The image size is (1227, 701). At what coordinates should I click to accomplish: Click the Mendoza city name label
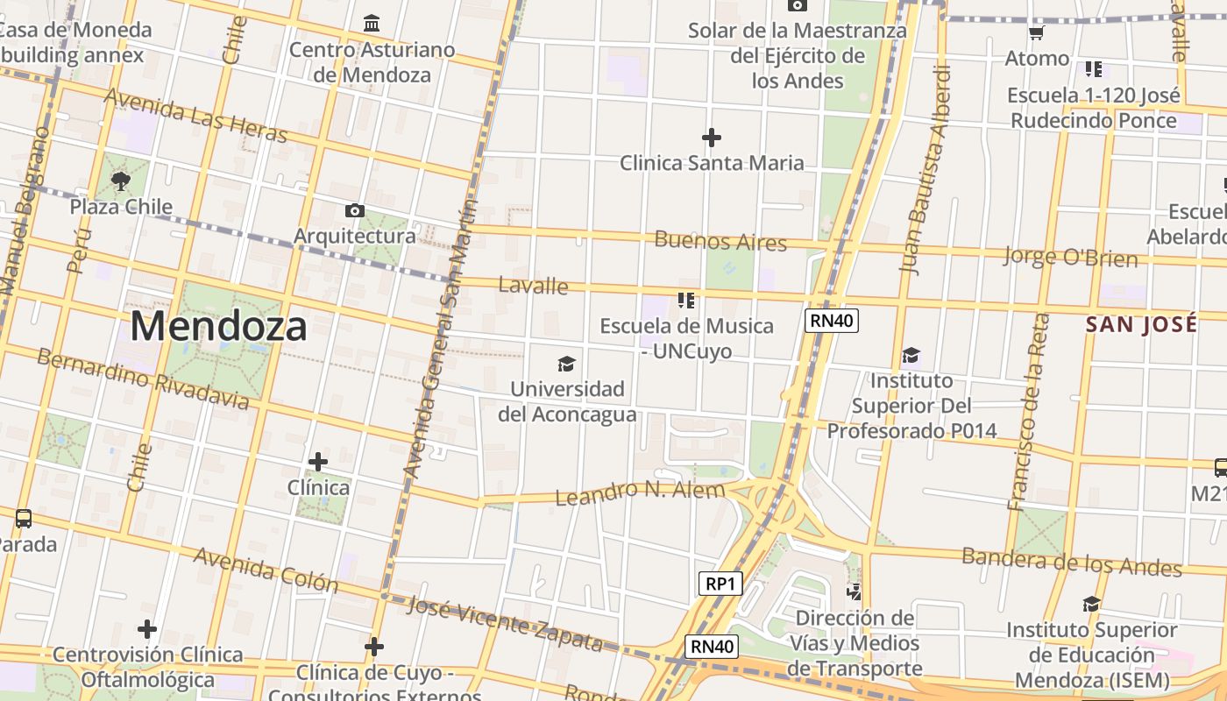coord(218,326)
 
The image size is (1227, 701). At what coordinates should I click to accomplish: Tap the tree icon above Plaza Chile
coord(121,181)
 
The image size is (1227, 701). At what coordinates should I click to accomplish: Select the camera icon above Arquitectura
coord(355,210)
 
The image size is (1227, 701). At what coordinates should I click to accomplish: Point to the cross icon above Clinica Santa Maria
coord(712,138)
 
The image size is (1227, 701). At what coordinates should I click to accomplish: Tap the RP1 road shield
coord(720,584)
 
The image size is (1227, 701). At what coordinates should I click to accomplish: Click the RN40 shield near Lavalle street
coord(832,321)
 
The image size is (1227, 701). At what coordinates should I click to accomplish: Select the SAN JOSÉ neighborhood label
coord(1141,324)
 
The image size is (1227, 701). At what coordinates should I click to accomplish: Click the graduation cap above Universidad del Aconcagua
coord(567,363)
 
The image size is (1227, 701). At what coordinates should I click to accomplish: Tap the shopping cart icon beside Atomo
coord(1037,33)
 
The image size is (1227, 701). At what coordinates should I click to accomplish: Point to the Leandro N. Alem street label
coord(640,493)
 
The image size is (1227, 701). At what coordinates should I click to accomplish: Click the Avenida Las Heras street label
coord(195,116)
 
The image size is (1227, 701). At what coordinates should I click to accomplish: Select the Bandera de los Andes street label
coord(1071,561)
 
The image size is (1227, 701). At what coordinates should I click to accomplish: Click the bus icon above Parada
coord(24,518)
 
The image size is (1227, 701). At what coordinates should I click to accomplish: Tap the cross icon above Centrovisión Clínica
coord(147,629)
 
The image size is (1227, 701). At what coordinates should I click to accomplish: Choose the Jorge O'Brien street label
coord(1070,257)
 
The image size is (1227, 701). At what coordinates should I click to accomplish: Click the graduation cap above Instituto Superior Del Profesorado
coord(911,355)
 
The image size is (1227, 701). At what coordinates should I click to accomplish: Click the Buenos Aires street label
coord(720,241)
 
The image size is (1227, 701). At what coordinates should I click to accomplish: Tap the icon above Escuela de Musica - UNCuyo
coord(685,301)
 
